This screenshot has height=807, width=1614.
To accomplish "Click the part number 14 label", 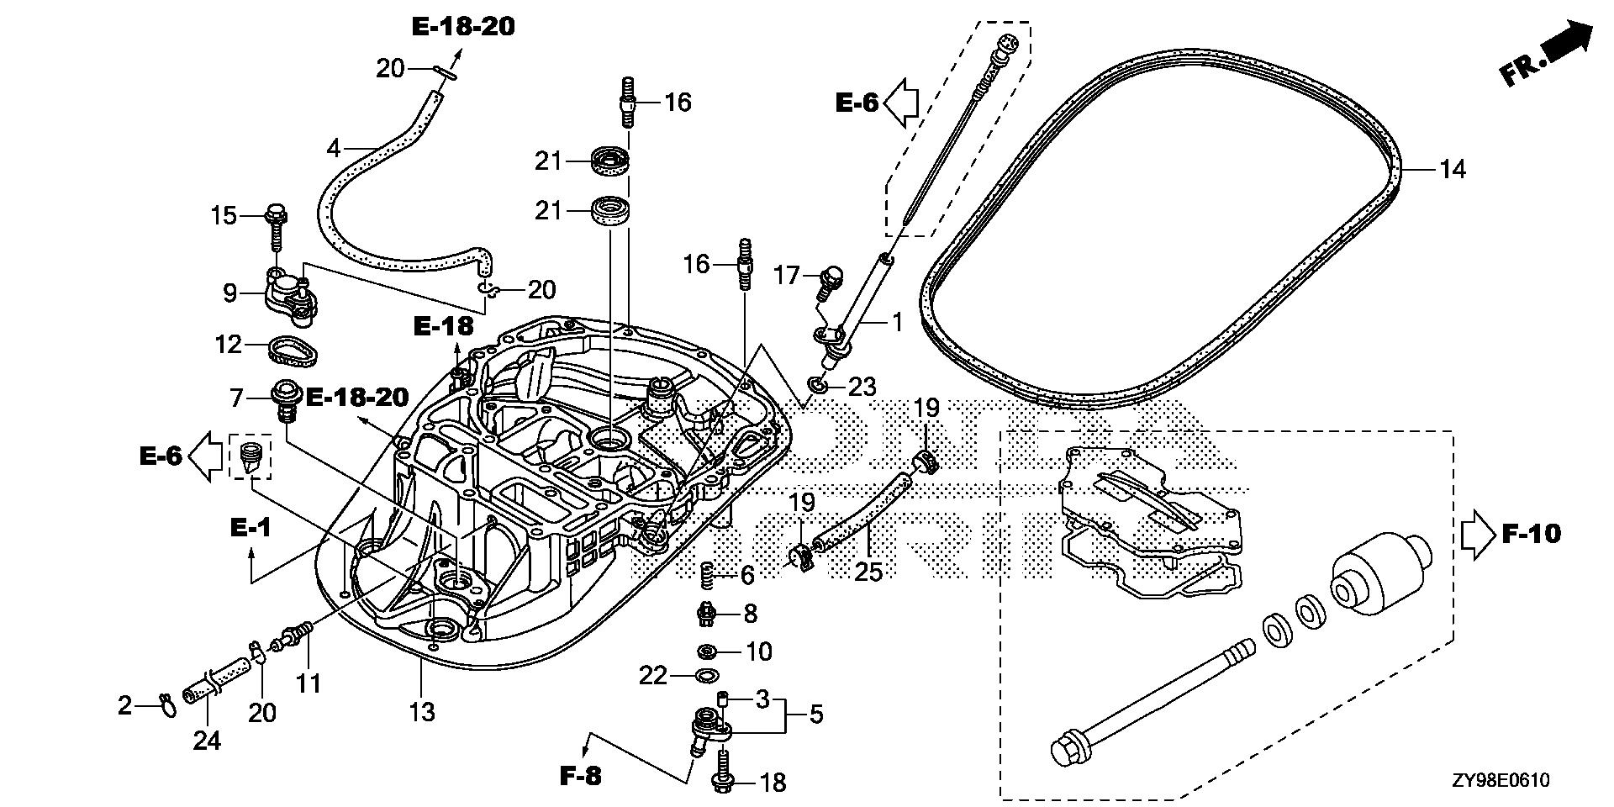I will pos(1452,170).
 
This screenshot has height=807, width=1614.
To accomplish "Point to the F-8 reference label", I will pos(581,775).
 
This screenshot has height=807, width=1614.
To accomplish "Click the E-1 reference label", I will pos(251,527).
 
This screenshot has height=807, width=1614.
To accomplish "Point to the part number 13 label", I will pos(422,712).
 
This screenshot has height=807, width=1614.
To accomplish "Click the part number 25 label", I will pos(868,572).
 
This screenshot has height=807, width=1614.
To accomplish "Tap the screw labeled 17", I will pos(831,282).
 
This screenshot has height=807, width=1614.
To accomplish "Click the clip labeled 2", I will pos(166,706).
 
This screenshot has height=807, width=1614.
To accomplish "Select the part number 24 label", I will pos(207,740).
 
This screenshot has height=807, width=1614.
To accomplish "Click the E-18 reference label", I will pos(443,325).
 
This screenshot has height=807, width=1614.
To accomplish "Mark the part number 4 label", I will pos(334,150).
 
